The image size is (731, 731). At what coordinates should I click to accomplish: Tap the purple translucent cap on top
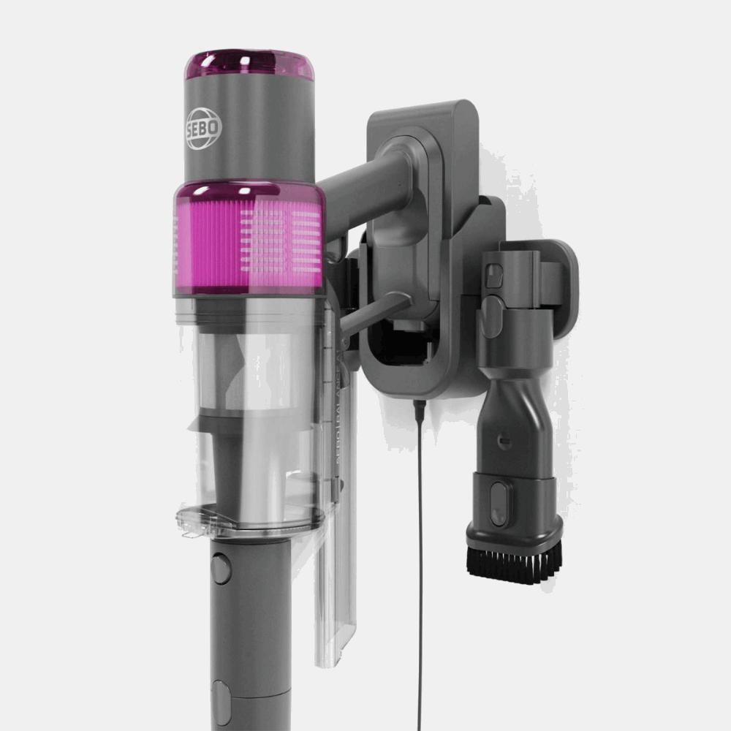pyautogui.click(x=249, y=64)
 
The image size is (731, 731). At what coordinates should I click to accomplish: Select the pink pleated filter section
pyautogui.click(x=249, y=238)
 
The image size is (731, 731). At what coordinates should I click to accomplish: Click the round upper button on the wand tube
pyautogui.click(x=220, y=568)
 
